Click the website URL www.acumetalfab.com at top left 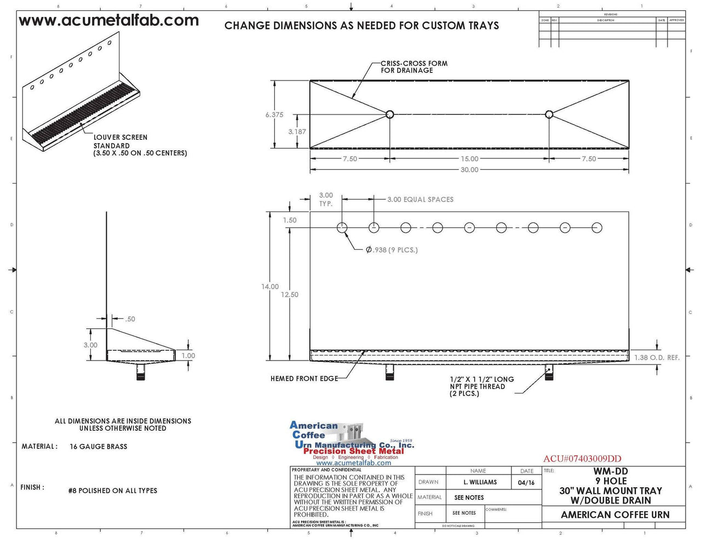tap(108, 21)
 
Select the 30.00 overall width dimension tap(469, 170)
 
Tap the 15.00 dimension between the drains tap(469, 159)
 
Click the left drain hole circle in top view tap(389, 115)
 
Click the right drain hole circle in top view tap(549, 115)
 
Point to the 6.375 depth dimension tap(274, 115)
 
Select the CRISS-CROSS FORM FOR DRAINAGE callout tap(414, 67)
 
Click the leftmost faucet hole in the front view tap(342, 227)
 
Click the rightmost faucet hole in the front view tap(597, 227)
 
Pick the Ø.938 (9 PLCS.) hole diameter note tap(392, 250)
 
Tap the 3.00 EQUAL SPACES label tap(420, 199)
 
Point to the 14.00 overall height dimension tap(270, 287)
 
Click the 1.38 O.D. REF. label tap(657, 357)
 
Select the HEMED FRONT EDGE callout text tap(304, 379)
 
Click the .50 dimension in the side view tap(130, 319)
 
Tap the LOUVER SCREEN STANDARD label tap(120, 141)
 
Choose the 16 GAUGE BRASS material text tap(99, 447)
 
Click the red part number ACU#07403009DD tap(582, 459)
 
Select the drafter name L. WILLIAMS tap(480, 482)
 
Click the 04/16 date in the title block tap(526, 482)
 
